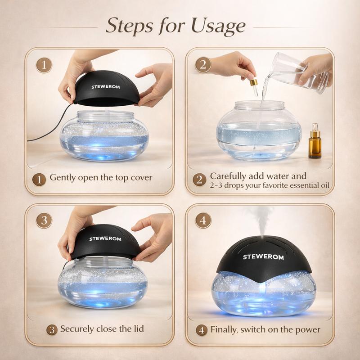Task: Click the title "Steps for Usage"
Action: pos(175,27)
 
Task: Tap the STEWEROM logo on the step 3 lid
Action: pos(105,238)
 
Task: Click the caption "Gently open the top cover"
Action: pos(101,178)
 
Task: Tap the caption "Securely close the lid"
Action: pos(102,329)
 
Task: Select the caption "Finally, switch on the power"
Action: pos(265,329)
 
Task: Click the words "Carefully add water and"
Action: pos(258,176)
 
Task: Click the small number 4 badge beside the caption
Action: pos(202,330)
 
